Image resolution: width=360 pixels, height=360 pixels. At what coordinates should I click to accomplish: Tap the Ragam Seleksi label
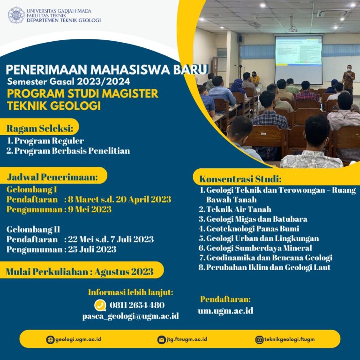coord(40,128)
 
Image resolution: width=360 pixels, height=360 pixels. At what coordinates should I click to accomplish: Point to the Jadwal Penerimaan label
coord(52,177)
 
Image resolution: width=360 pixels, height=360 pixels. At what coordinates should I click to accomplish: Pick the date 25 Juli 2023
coord(92,249)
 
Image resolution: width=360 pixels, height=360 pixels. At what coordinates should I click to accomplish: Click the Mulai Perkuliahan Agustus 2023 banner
coord(80,271)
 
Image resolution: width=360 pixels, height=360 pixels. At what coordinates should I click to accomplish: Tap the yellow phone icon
coord(100,305)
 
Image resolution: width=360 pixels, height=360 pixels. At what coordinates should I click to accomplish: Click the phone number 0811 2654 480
coord(136,305)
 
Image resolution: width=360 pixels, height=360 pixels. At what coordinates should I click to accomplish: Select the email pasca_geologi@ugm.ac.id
coord(130,316)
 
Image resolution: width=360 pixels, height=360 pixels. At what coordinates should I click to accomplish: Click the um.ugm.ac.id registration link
coord(225,310)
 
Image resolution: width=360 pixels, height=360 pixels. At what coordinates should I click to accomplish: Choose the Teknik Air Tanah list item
coord(239,209)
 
